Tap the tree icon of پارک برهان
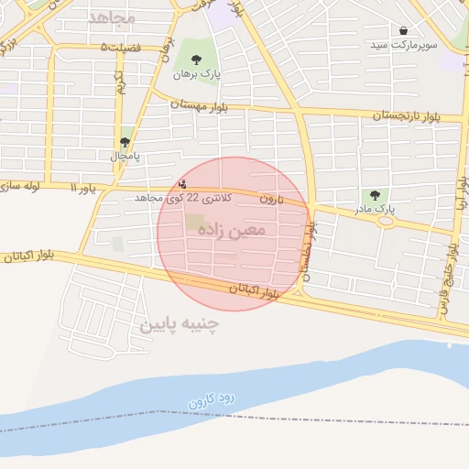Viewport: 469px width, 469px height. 196,60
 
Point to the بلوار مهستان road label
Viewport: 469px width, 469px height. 199,104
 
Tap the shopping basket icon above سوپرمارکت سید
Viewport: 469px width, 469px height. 404,31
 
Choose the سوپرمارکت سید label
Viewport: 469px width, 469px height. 404,45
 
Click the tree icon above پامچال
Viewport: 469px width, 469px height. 125,142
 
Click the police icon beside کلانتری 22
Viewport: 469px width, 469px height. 181,183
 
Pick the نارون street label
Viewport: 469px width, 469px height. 270,198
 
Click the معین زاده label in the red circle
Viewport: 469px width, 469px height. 231,230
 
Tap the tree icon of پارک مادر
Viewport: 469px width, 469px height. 374,195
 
